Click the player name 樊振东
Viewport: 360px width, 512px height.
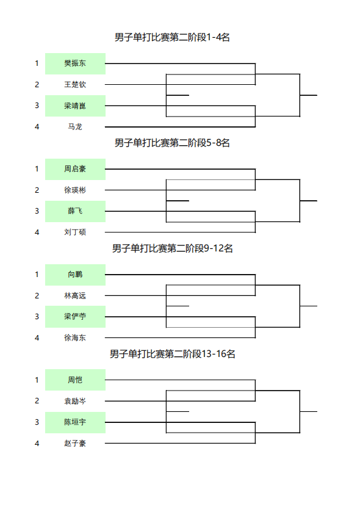click(75, 63)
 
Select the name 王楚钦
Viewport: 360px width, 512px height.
click(75, 85)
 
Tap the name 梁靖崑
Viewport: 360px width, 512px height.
click(75, 106)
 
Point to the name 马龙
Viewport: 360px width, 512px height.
click(75, 127)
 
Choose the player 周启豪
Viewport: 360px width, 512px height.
click(75, 169)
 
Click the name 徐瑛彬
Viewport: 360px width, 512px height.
click(75, 190)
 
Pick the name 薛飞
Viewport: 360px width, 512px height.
click(75, 211)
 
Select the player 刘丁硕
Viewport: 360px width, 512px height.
click(75, 232)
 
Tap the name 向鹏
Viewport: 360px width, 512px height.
click(75, 274)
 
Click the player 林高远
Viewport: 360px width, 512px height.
click(75, 295)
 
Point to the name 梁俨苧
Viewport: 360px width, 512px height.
click(75, 316)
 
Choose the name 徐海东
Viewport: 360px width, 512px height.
click(75, 337)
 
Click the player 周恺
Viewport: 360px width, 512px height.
click(75, 380)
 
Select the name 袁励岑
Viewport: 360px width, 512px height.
click(75, 401)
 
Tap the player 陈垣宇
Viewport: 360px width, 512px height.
click(75, 422)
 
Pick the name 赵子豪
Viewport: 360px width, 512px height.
click(75, 443)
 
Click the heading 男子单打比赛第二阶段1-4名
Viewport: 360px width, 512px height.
click(172, 37)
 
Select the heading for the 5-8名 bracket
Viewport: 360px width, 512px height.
click(172, 143)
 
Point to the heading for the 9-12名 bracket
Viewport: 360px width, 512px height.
click(172, 248)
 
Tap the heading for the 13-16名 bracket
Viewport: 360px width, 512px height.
click(172, 353)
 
